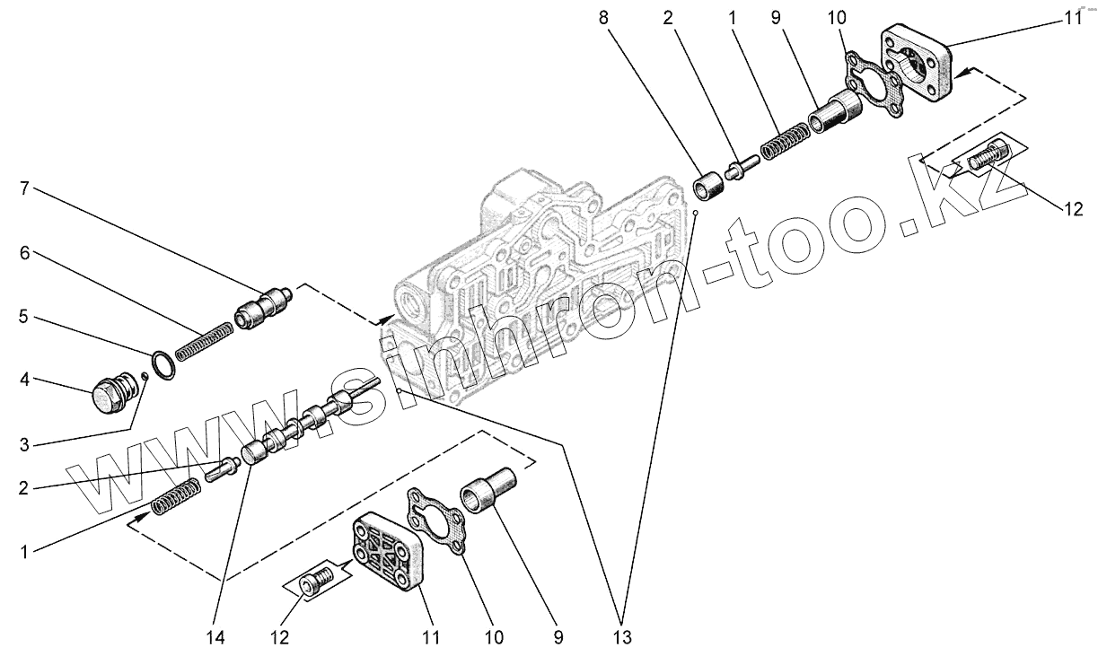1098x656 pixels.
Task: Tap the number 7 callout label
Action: click(25, 188)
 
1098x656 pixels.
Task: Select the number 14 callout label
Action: click(215, 638)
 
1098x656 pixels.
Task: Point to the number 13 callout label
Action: click(622, 638)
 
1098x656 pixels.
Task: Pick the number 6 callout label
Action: click(25, 254)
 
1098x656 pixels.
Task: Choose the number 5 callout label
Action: click(25, 317)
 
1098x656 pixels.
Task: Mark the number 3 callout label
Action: click(25, 445)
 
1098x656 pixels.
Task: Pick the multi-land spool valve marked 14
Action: click(306, 421)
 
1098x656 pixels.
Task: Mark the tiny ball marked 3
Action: click(145, 376)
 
